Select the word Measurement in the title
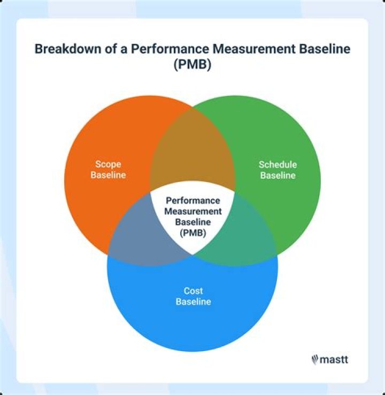coord(252,49)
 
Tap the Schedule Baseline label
coord(278,169)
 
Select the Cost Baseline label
coord(193,296)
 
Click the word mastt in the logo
coord(334,360)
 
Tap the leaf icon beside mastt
coord(315,360)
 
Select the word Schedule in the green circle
coord(278,164)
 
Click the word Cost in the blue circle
coord(193,291)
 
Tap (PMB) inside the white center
coord(192,234)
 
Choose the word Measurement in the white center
coord(192,211)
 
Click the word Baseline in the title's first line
coord(322,49)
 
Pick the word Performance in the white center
coord(192,201)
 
